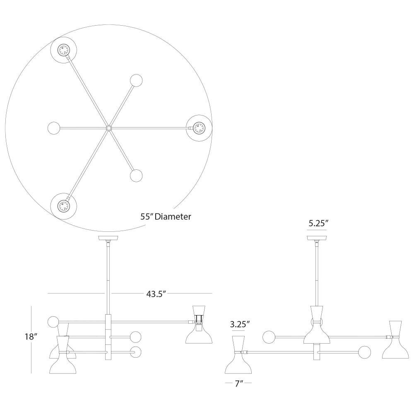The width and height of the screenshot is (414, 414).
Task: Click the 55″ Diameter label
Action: point(166,217)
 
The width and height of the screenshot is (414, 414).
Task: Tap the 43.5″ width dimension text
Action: point(156,294)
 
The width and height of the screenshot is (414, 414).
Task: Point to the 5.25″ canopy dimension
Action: point(318,224)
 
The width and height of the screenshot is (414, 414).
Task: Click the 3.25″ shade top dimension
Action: point(240,324)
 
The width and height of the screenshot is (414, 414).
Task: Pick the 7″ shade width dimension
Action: point(239,384)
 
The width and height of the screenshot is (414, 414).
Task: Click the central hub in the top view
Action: point(109,128)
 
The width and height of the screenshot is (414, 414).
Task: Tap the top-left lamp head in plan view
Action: point(64,50)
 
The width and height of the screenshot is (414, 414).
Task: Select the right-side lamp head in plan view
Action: point(199,128)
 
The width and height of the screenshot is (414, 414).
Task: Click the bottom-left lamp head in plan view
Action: point(64,206)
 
